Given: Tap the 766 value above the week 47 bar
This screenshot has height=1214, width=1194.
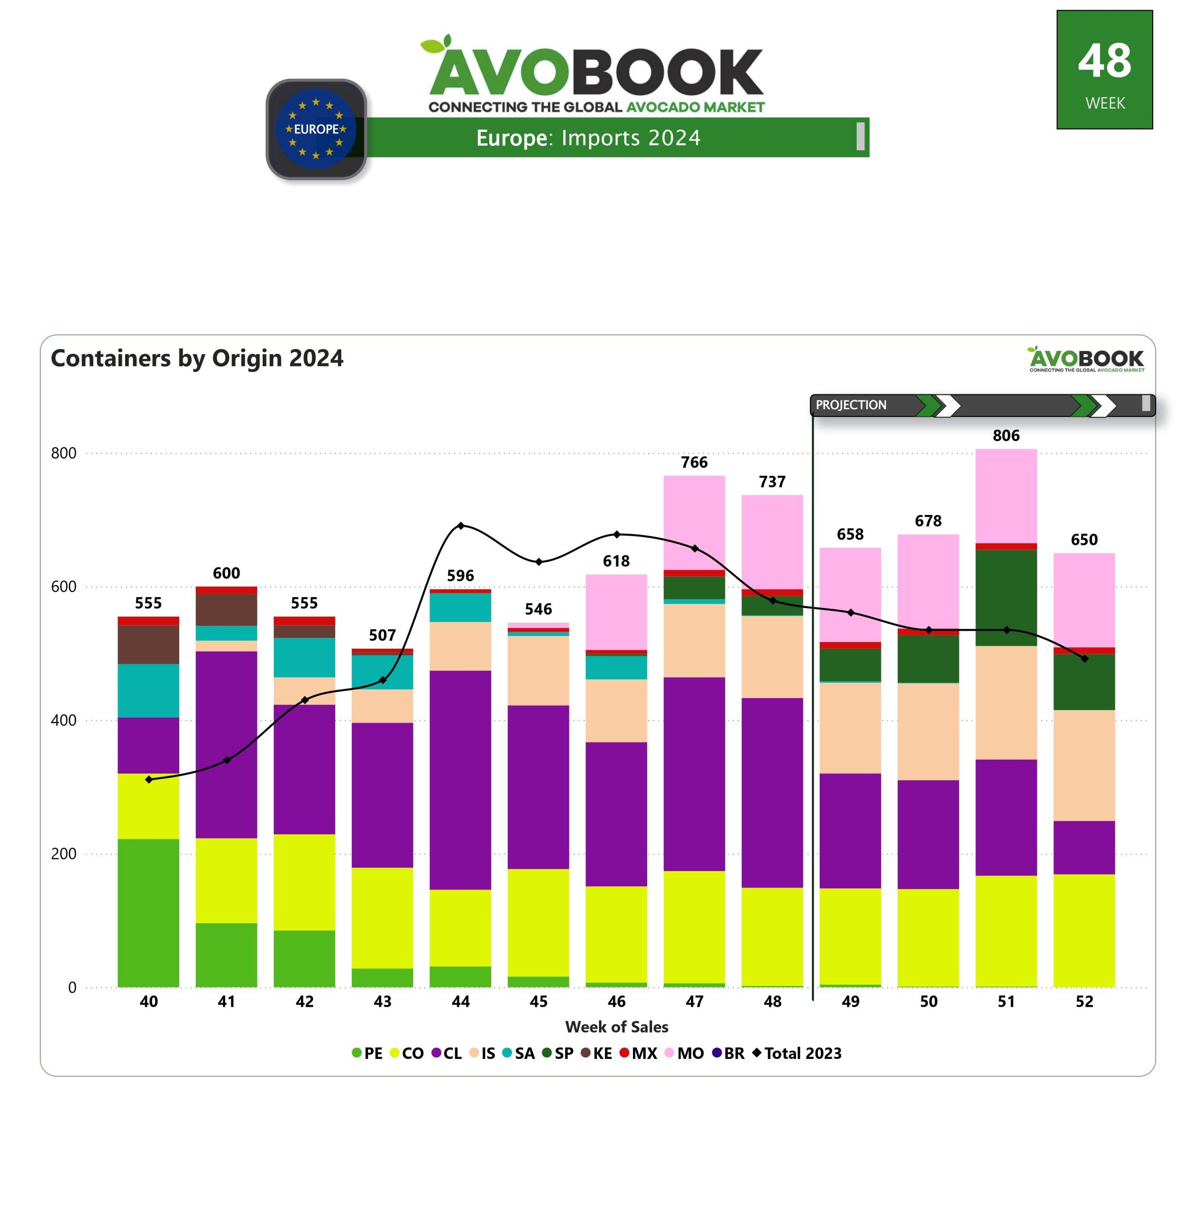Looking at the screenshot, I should [694, 462].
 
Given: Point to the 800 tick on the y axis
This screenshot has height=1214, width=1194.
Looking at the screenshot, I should [64, 453].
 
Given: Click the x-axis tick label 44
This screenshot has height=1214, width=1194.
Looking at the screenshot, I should [460, 1002].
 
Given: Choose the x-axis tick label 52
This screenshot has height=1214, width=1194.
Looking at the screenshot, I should [1084, 1002].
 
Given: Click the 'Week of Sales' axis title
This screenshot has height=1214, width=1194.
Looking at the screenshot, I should [616, 1027].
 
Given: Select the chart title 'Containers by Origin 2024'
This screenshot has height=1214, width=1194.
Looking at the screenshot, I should [197, 358].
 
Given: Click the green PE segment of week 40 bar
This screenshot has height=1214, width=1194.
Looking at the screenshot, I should [148, 912].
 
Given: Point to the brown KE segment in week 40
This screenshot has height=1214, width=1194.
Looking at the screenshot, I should [148, 644].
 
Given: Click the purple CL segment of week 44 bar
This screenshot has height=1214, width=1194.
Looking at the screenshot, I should [460, 780].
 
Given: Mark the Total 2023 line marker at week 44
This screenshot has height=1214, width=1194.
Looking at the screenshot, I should [461, 525].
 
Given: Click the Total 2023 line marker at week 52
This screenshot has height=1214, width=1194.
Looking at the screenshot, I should [1084, 658].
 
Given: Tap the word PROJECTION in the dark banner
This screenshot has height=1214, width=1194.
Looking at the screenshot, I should [851, 405].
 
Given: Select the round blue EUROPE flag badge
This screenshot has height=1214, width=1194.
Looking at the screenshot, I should [316, 129].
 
